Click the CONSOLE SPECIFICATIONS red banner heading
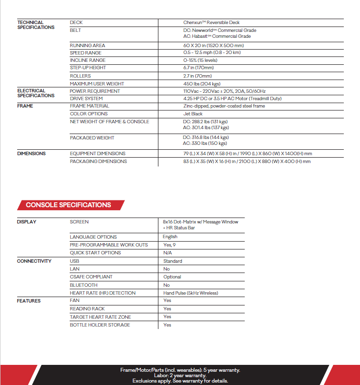68,205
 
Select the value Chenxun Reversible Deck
211,23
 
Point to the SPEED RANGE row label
86,53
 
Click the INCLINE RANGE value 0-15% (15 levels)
201,60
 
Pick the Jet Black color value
192,114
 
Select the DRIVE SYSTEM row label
86,99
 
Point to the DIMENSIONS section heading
31,154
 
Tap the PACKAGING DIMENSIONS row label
98,162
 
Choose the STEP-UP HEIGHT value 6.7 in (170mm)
197,68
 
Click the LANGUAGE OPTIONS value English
170,237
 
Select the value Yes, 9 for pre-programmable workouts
170,245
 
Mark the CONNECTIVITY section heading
34,261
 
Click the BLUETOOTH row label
83,285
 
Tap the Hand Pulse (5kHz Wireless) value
191,293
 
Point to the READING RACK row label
87,309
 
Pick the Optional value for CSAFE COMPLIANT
172,277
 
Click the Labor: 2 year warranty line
180,376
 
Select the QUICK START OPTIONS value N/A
167,252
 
